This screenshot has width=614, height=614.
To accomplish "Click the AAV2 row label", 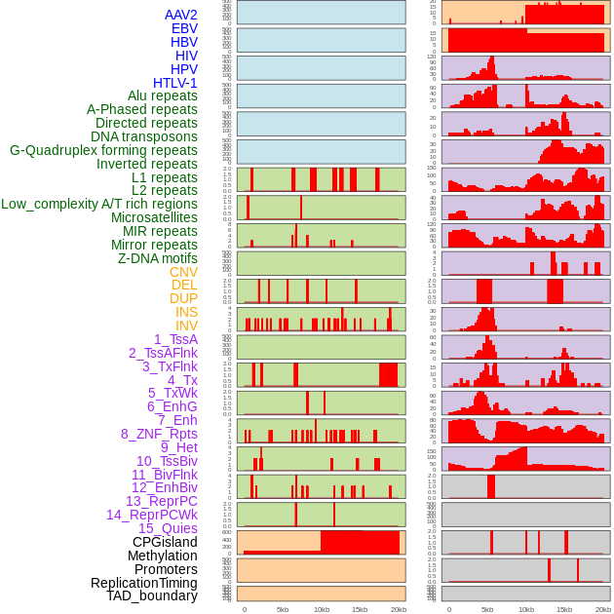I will pyautogui.click(x=180, y=16).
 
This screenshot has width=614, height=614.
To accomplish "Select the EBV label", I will pyautogui.click(x=184, y=29).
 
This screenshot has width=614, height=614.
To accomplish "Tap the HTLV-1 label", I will pyautogui.click(x=175, y=83).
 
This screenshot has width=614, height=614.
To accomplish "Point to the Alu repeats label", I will pyautogui.click(x=163, y=96).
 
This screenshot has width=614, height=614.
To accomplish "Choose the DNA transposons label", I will pyautogui.click(x=144, y=136).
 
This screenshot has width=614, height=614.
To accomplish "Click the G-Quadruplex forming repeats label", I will pyautogui.click(x=103, y=150).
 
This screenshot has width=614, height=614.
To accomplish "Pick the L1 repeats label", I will pyautogui.click(x=165, y=177).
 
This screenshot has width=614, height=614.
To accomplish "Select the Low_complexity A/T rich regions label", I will pyautogui.click(x=99, y=204).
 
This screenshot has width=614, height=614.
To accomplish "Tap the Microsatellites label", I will pyautogui.click(x=154, y=217).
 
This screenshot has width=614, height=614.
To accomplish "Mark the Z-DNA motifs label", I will pyautogui.click(x=158, y=258).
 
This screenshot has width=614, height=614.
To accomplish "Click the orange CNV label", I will pyautogui.click(x=183, y=272).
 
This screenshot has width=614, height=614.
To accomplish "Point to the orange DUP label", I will pyautogui.click(x=183, y=298).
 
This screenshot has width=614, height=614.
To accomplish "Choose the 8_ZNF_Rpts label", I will pyautogui.click(x=159, y=434).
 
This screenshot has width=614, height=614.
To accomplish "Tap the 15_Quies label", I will pyautogui.click(x=168, y=528).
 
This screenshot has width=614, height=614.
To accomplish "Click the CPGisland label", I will pyautogui.click(x=165, y=542).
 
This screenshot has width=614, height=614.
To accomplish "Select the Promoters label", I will pyautogui.click(x=166, y=569).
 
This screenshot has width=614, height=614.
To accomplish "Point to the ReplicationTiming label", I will pyautogui.click(x=144, y=583).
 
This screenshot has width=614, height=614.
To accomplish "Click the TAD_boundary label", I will pyautogui.click(x=152, y=595).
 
